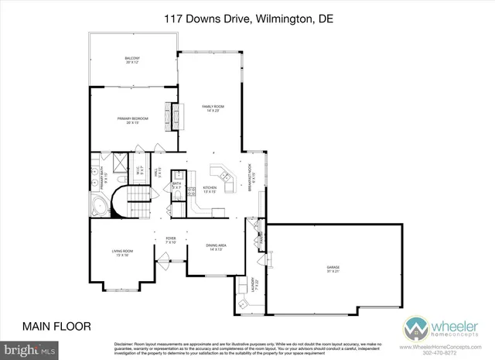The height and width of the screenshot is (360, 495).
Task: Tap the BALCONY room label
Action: tap(132, 60)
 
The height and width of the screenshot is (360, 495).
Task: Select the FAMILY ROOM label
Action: tap(209, 108)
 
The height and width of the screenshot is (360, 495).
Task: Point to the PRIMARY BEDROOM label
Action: tap(132, 120)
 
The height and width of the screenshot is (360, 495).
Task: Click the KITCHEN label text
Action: tap(209, 190)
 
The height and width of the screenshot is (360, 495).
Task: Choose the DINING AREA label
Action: tap(214, 247)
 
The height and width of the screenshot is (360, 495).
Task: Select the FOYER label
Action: tap(171, 241)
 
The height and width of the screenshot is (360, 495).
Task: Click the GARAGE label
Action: tap(333, 269)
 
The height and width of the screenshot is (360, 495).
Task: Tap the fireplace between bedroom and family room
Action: tap(175, 115)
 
